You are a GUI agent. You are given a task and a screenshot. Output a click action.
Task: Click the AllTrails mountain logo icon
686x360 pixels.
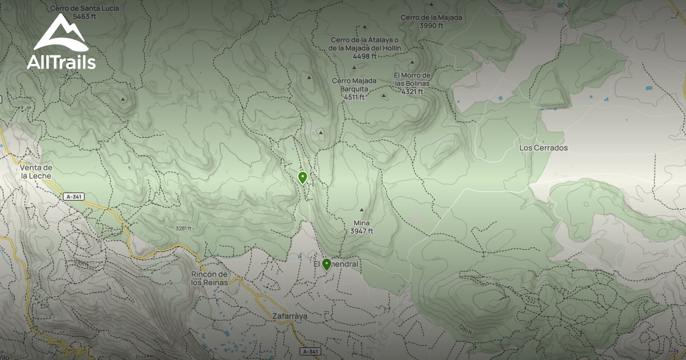61,33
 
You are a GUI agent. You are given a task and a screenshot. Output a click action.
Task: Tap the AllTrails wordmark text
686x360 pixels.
61,62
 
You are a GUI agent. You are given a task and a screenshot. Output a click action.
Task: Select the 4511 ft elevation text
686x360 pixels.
354,97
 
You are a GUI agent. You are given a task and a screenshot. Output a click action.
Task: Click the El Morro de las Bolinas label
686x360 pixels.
412,79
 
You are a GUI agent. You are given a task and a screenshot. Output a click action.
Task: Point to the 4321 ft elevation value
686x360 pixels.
412,91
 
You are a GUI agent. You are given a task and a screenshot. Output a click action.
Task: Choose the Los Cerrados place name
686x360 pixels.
543,148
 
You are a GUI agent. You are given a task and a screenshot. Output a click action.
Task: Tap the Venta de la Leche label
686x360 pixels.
36,171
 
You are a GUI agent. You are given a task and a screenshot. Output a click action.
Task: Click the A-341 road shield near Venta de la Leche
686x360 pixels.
73,197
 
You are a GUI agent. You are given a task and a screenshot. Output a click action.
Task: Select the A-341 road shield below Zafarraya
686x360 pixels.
309,351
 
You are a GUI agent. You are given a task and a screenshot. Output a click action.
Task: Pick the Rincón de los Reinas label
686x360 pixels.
209,278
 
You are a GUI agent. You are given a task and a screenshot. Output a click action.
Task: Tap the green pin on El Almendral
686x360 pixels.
326,264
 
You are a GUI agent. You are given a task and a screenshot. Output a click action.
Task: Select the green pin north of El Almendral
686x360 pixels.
302,177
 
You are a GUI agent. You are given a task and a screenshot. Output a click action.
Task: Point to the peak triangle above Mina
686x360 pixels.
361,210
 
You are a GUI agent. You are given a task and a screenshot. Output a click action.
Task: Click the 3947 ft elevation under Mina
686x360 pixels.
362,231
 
